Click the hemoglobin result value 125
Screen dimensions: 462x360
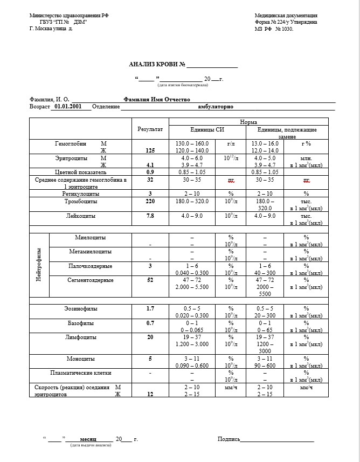(x=150, y=151)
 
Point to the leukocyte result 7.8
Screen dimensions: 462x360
(x=150, y=216)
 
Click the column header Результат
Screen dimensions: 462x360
(x=150, y=130)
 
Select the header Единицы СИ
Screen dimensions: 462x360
(x=207, y=130)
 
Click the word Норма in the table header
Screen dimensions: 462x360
(x=248, y=122)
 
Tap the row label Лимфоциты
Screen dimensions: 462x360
(x=80, y=337)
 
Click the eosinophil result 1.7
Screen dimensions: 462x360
(x=150, y=308)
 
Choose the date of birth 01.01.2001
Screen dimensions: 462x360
(x=68, y=107)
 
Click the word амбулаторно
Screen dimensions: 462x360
(x=216, y=107)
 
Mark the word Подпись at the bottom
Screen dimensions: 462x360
(x=229, y=439)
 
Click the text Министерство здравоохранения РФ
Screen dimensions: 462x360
(x=69, y=16)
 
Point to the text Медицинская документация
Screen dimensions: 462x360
(x=286, y=16)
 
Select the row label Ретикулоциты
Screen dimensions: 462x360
(x=80, y=193)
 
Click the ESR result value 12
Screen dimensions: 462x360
(x=150, y=394)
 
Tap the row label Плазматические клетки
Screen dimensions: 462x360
(x=80, y=373)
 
